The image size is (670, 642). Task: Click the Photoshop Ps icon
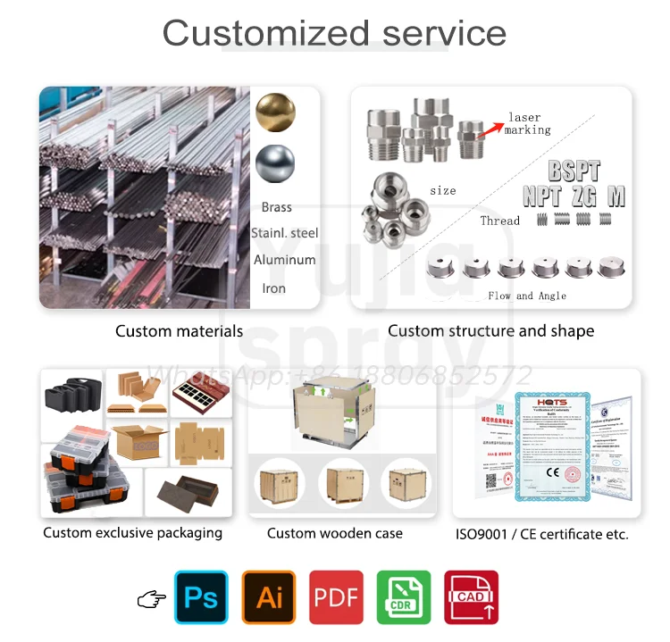click(x=201, y=597)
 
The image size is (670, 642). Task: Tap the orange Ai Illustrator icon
click(x=269, y=597)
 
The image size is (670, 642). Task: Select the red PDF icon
click(x=337, y=597)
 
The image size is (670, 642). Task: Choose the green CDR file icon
click(x=404, y=597)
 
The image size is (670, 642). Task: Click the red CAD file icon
click(x=471, y=597)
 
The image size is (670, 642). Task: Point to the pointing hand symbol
click(x=151, y=599)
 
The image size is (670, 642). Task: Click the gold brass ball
click(x=274, y=113)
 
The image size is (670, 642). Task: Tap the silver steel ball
click(x=274, y=165)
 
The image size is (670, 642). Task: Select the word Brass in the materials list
click(x=277, y=207)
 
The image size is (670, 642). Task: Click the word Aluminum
click(x=284, y=260)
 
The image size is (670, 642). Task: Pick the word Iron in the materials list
click(x=273, y=288)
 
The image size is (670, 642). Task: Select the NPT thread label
click(x=542, y=196)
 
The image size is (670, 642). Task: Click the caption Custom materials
click(x=179, y=331)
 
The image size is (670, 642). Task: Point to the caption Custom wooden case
click(x=335, y=533)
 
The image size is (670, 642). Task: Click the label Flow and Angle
click(x=527, y=296)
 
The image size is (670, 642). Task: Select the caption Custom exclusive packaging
click(x=133, y=533)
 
